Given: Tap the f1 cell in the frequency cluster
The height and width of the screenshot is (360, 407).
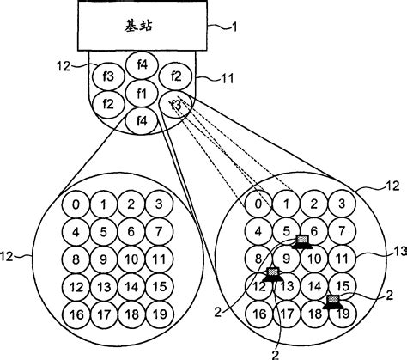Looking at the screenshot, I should coord(142,92).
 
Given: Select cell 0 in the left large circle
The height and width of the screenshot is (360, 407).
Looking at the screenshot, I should coord(76,204).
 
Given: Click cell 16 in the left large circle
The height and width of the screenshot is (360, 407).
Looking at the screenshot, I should coord(76,314).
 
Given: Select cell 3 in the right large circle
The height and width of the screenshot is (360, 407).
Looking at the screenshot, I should coord(343,204).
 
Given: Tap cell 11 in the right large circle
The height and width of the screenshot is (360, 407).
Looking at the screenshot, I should coord(343,258).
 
